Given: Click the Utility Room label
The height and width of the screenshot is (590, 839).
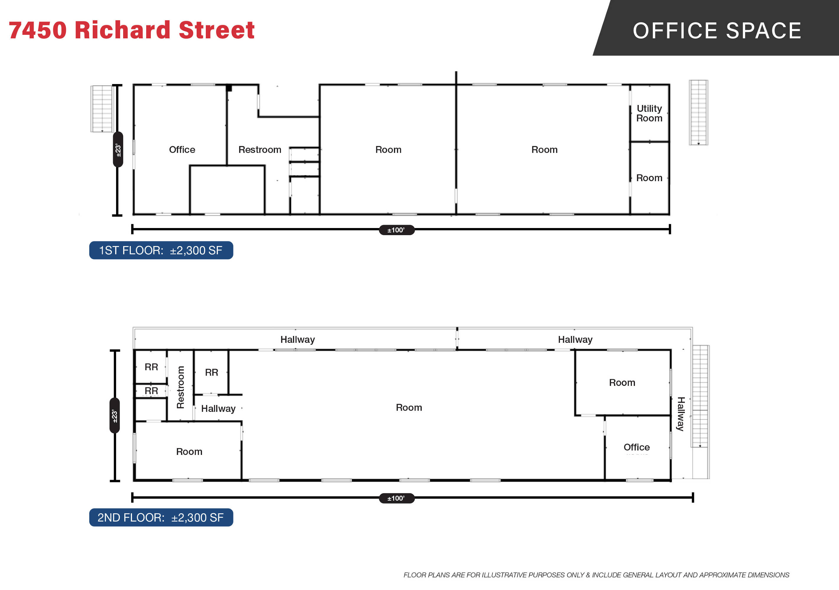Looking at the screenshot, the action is (x=649, y=113).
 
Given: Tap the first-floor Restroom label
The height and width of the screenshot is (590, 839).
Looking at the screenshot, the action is (x=260, y=150).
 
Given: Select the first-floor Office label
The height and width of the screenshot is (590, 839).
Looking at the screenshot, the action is (x=182, y=150).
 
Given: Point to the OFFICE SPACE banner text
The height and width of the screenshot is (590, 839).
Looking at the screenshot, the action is (x=717, y=30).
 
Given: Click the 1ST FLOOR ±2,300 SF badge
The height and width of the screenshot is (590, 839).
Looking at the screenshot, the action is (x=161, y=250).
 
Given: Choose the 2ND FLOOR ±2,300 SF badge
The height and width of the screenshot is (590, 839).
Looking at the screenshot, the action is (x=161, y=517).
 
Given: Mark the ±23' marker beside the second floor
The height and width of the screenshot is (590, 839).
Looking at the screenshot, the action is (x=115, y=415).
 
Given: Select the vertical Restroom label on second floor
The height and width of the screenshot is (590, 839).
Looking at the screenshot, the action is (x=180, y=387).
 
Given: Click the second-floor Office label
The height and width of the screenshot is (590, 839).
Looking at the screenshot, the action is (x=636, y=447).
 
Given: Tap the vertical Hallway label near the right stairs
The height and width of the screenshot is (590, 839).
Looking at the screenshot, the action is (x=680, y=414).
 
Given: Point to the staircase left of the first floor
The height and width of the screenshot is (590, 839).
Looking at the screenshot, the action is (x=102, y=109).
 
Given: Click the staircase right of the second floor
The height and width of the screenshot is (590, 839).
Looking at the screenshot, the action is (x=700, y=412).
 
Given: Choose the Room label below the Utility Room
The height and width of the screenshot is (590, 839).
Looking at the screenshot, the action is (x=649, y=178).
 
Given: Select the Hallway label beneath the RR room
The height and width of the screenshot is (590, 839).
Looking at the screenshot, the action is (x=218, y=409).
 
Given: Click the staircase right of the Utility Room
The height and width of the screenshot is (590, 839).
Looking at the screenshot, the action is (x=698, y=112).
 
